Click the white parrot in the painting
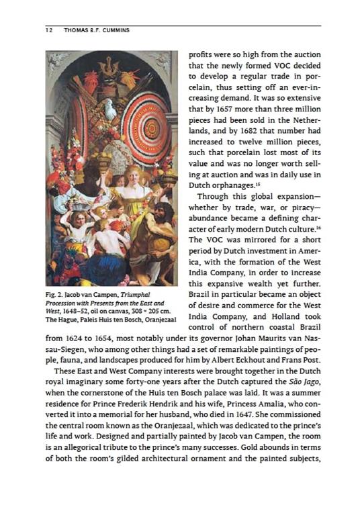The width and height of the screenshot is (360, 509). pyautogui.click(x=108, y=108)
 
